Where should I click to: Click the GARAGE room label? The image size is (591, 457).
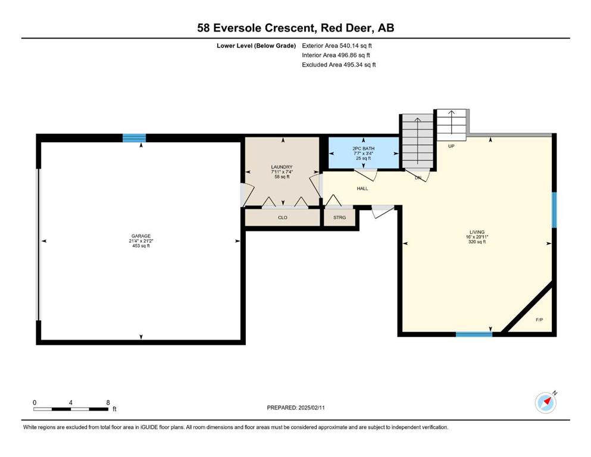[141, 236]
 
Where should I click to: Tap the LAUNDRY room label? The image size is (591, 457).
[282, 167]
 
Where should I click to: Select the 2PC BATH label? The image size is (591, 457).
[363, 148]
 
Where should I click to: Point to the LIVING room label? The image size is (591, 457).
[477, 232]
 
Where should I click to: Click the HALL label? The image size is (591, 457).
[362, 189]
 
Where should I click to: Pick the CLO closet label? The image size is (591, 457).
[282, 217]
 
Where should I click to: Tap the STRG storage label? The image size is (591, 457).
[339, 217]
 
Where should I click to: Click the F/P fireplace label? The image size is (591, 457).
[539, 320]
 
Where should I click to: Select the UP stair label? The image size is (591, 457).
[451, 146]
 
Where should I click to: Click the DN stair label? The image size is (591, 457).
[418, 178]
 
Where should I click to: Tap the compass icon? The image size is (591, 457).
[546, 402]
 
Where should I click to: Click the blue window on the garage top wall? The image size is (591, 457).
[134, 138]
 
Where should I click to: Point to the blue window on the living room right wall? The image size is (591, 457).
[554, 210]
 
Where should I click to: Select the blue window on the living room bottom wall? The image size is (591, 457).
[474, 334]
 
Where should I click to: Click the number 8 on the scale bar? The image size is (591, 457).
[108, 402]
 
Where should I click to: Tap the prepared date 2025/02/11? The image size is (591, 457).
[311, 408]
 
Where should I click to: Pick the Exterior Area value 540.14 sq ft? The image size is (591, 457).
[356, 46]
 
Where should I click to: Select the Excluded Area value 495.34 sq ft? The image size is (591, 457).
[359, 64]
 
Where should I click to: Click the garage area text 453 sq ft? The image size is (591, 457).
[141, 246]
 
